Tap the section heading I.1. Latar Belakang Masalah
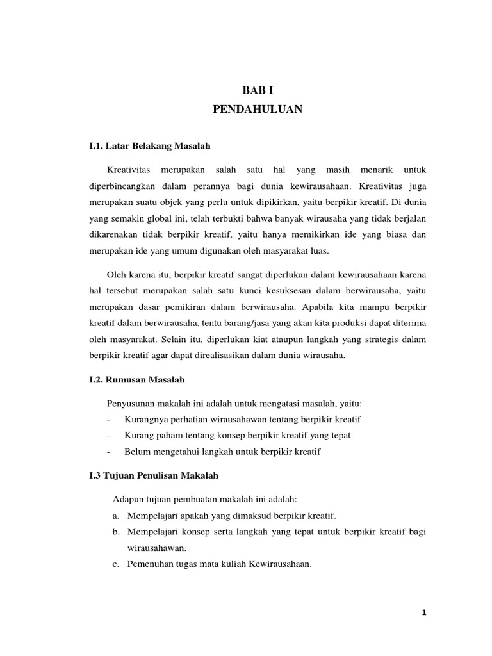click(149, 147)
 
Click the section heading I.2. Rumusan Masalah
click(136, 380)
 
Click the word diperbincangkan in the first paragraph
click(123, 186)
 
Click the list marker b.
click(116, 532)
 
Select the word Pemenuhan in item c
click(149, 564)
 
